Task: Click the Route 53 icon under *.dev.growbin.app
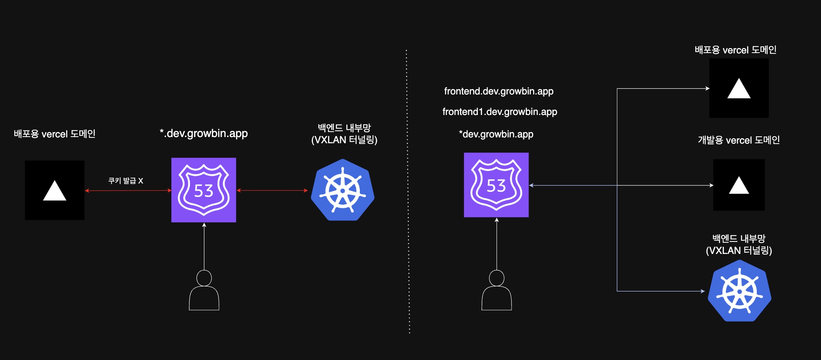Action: pos(204,190)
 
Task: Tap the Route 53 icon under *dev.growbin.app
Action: pos(496,185)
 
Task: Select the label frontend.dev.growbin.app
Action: pos(499,91)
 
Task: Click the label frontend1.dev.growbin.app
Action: pos(499,112)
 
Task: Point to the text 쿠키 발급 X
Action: pos(126,181)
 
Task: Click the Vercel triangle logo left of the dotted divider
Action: pos(55,190)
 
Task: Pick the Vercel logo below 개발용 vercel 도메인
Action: pos(739,185)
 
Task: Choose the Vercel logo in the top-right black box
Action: pos(739,88)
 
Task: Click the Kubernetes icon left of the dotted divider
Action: pos(342,190)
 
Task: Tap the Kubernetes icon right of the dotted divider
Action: pos(739,291)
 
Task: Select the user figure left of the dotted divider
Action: pos(204,290)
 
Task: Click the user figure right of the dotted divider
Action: pos(496,290)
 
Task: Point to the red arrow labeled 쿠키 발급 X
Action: pos(128,190)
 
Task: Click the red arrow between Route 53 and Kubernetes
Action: pos(272,190)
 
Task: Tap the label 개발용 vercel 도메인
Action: pos(739,140)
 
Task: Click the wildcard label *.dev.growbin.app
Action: pos(204,134)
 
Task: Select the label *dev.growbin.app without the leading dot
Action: pos(496,134)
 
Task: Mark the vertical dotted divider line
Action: pos(408,194)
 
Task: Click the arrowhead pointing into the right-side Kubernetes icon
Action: pos(703,291)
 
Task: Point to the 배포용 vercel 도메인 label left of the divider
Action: pos(55,134)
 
